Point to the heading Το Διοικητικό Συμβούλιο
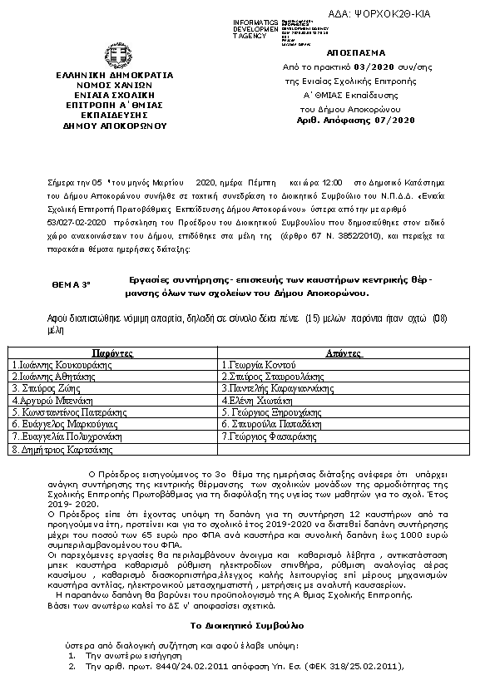point(247,624)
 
